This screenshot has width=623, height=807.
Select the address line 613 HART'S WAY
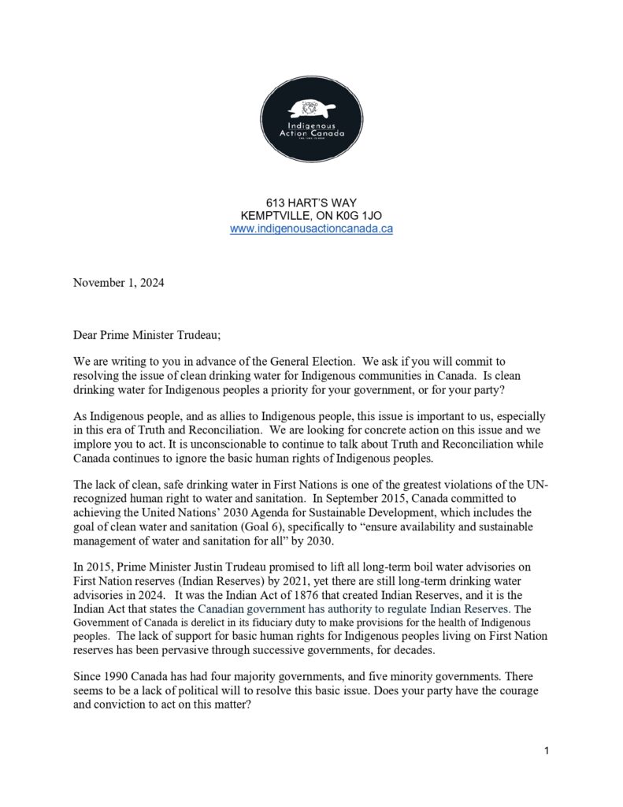(x=311, y=203)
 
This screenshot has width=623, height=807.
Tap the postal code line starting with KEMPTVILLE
(x=311, y=216)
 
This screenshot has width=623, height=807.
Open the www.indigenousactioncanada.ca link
(x=311, y=229)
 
